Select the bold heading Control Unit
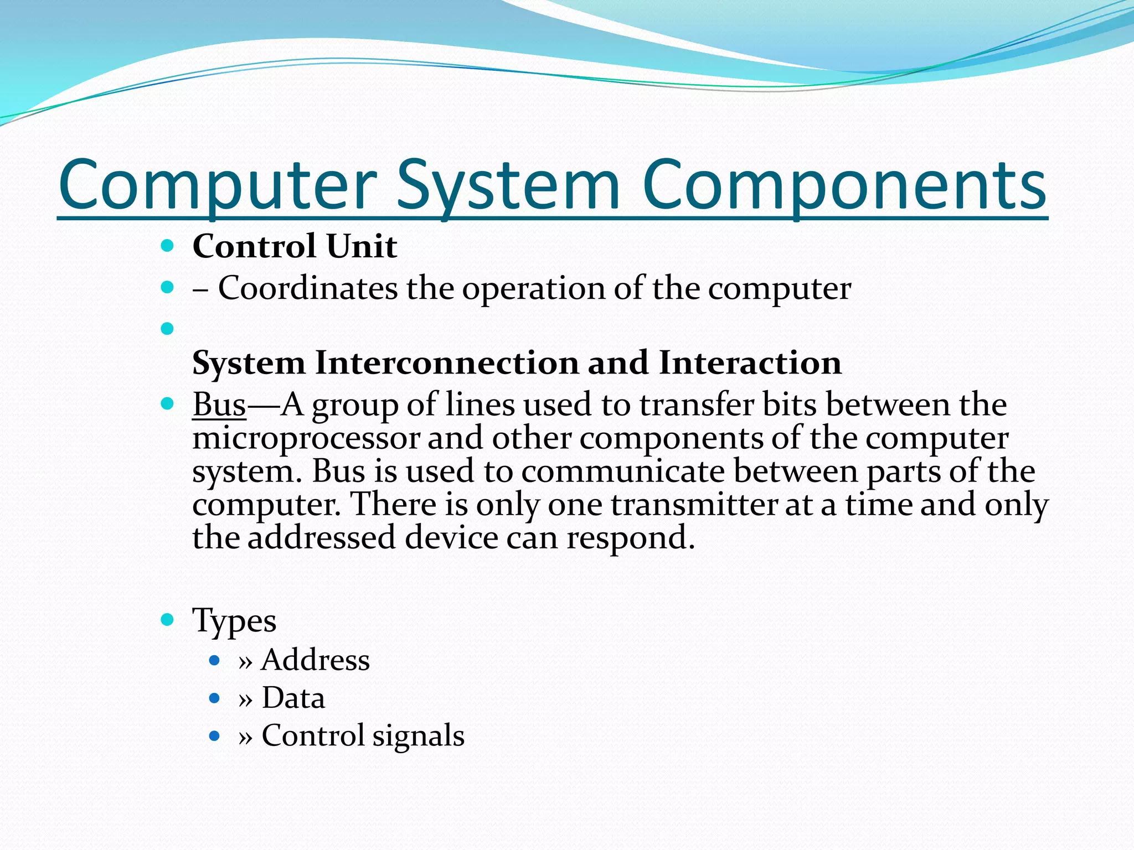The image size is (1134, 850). tap(295, 246)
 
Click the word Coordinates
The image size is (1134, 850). tap(308, 288)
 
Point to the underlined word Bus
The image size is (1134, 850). tap(219, 405)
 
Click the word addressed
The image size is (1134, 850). tap(322, 538)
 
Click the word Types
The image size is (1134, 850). tap(234, 620)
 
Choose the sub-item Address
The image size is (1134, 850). tap(316, 660)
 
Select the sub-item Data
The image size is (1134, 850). tap(293, 698)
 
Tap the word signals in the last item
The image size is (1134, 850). tap(418, 736)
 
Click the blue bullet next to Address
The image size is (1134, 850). tap(215, 660)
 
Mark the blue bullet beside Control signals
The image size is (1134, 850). tap(215, 736)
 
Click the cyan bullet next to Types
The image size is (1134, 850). tap(167, 619)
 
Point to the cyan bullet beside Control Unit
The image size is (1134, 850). tap(167, 246)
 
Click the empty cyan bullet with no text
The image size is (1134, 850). tap(167, 329)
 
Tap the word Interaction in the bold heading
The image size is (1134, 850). tap(750, 363)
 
